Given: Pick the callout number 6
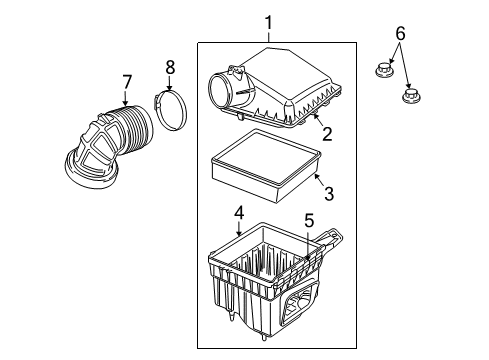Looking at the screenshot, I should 399,33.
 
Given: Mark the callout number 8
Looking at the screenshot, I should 169,67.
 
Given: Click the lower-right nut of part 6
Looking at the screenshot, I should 409,97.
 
